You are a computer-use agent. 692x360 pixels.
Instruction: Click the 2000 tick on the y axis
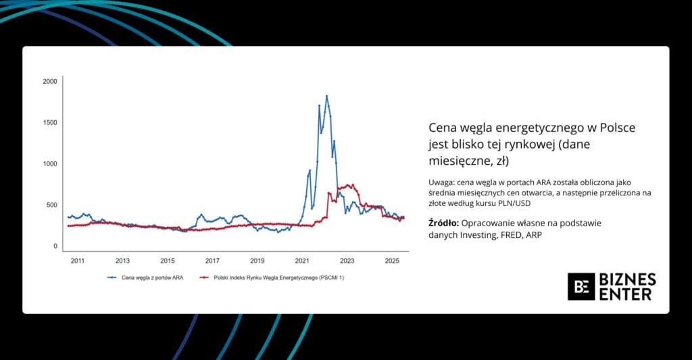tap(50, 82)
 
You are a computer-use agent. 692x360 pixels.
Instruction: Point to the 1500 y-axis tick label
tap(50, 123)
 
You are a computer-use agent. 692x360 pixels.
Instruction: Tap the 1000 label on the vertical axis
tap(50, 164)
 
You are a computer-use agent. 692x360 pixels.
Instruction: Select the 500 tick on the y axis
tap(52, 205)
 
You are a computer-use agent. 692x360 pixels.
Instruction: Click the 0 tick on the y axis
tap(55, 247)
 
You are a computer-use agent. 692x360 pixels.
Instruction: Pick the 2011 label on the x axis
tap(78, 261)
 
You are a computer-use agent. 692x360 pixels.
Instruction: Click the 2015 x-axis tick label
tap(168, 261)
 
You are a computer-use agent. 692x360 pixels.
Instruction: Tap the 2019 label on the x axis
tap(257, 261)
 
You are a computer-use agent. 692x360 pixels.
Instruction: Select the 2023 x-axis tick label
tap(347, 261)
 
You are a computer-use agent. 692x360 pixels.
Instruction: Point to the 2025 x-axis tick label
tap(391, 261)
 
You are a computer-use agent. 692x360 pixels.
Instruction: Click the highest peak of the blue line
tap(326, 96)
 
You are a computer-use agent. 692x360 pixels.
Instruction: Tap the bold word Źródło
tap(443, 223)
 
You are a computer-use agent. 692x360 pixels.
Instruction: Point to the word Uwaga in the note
tap(441, 183)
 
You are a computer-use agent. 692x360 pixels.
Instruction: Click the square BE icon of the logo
tap(580, 286)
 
